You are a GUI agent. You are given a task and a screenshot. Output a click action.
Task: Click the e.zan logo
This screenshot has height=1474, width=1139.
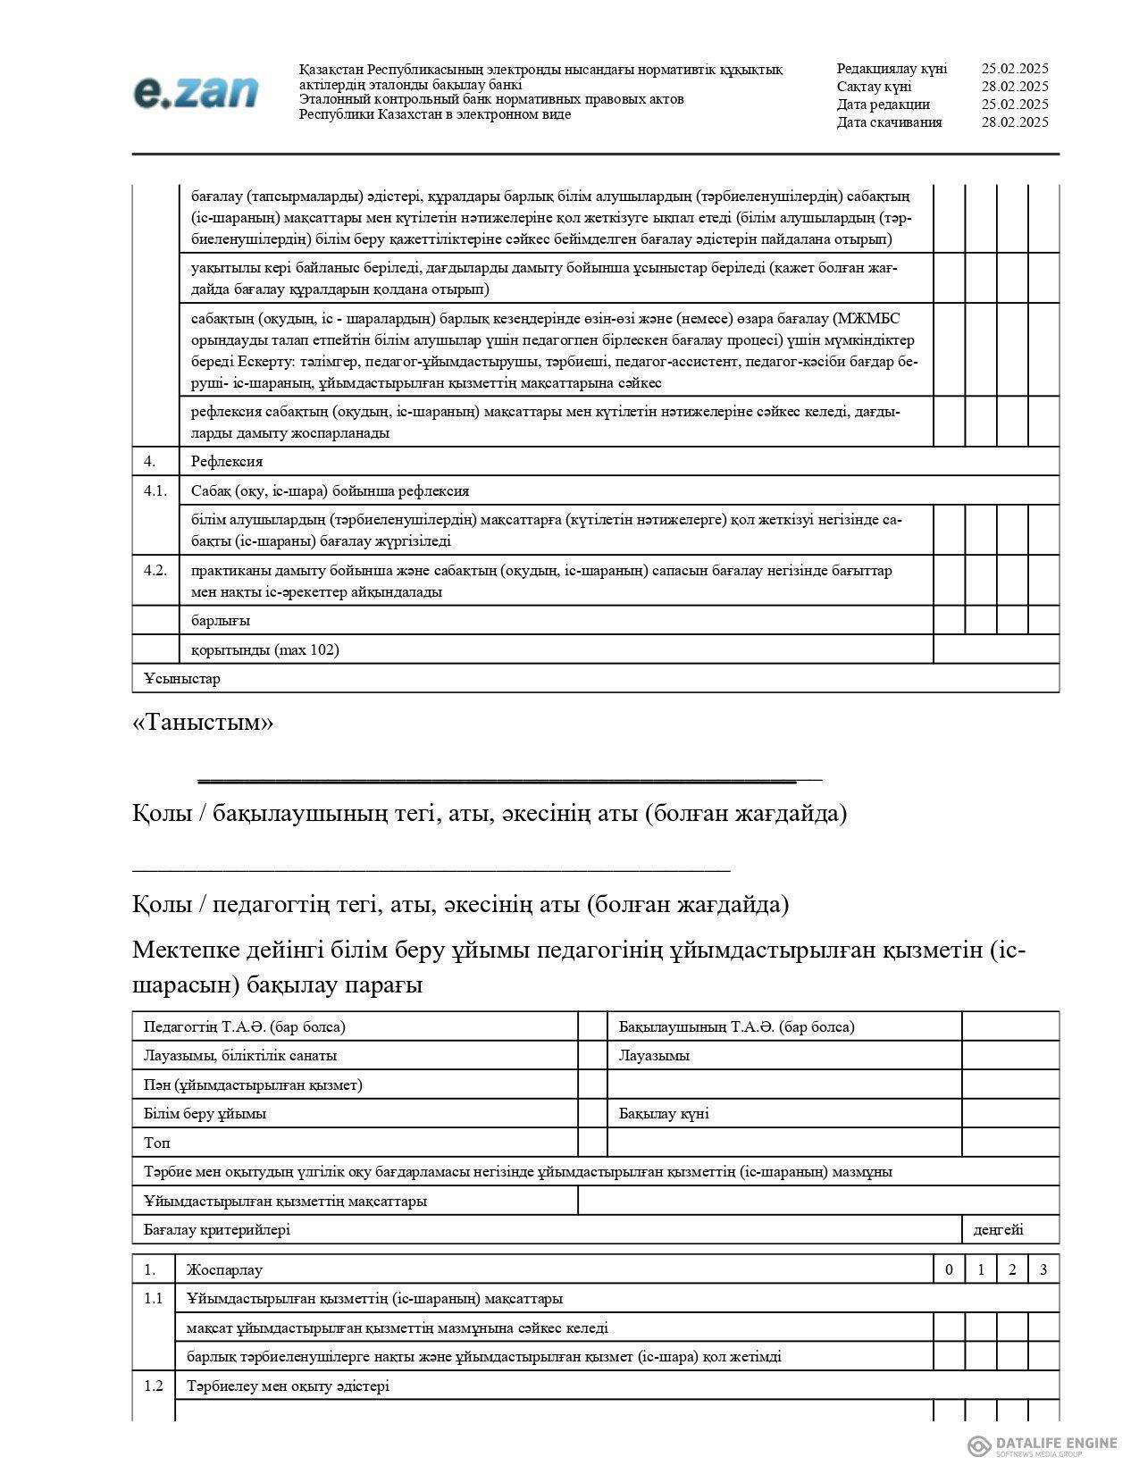[196, 93]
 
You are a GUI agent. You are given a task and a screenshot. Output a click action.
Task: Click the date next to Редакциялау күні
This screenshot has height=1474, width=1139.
[1014, 69]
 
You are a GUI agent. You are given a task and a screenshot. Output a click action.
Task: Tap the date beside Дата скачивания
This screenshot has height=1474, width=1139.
[1014, 122]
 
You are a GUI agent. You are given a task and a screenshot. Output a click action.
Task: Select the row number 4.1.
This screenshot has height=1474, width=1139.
[155, 490]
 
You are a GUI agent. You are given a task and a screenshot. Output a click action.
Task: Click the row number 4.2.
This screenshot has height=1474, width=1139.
[155, 570]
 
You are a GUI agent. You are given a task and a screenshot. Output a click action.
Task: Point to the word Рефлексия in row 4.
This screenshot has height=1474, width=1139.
[227, 462]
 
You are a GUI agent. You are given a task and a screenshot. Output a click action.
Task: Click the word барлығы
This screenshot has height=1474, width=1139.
[221, 620]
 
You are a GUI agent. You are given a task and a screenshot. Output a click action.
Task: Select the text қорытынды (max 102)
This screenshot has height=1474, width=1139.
[265, 649]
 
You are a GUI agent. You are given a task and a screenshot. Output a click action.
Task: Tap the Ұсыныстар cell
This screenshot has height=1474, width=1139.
[182, 678]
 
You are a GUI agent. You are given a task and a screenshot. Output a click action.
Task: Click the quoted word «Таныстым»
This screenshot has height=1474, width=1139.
[203, 722]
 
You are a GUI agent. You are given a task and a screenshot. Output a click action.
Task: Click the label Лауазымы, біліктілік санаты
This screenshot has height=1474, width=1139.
[240, 1056]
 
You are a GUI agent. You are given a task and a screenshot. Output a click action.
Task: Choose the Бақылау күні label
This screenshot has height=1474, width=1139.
[664, 1114]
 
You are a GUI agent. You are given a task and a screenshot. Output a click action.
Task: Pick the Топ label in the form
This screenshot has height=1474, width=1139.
[157, 1143]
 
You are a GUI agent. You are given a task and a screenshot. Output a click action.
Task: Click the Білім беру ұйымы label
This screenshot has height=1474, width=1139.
[205, 1114]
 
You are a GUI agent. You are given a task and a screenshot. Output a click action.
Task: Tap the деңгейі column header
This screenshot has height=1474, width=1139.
[998, 1230]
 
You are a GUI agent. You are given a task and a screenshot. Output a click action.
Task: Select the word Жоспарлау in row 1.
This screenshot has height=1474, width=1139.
[224, 1270]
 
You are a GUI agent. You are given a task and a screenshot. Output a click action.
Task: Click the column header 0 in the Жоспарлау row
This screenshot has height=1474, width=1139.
[949, 1270]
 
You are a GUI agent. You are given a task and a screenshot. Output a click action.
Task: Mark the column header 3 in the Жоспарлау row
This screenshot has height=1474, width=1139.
[1043, 1270]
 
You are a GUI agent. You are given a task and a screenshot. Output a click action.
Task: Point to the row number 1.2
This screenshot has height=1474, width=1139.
[154, 1386]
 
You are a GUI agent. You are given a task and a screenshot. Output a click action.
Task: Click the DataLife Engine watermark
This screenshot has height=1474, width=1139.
[1043, 1445]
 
